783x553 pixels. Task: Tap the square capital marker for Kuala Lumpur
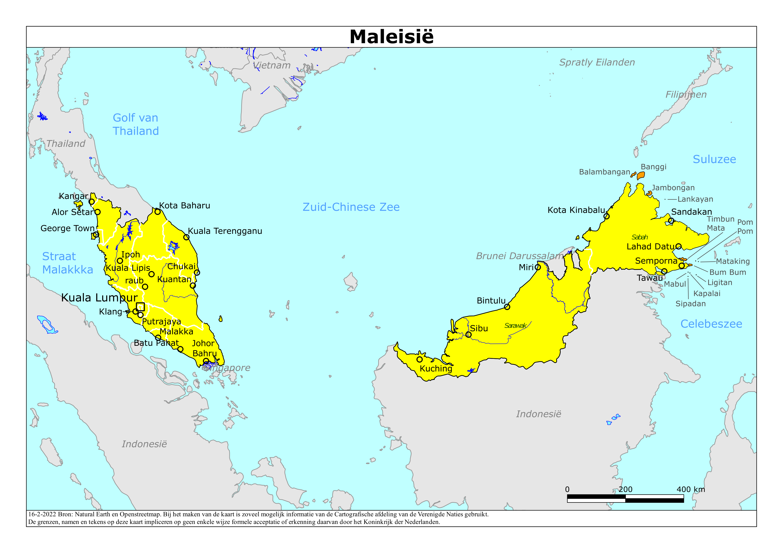point(140,307)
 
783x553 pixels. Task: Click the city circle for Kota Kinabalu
point(606,216)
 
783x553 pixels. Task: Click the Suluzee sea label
point(714,159)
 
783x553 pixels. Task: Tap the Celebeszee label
point(711,324)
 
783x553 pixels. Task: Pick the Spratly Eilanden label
point(597,62)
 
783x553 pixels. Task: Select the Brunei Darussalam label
point(519,256)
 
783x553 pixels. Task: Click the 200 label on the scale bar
point(625,489)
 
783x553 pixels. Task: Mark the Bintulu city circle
point(507,307)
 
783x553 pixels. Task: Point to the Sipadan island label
point(690,304)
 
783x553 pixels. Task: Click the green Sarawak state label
point(515,326)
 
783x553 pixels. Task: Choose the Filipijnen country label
point(686,95)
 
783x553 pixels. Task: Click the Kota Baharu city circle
point(158,212)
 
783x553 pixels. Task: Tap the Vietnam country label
point(272,65)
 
